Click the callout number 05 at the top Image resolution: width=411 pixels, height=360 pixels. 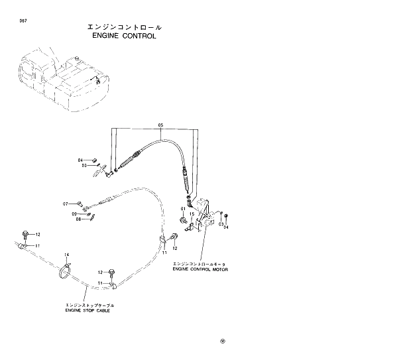(x=160, y=125)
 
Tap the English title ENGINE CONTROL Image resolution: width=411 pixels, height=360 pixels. (x=125, y=36)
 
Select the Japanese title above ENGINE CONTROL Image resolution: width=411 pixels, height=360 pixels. (x=125, y=27)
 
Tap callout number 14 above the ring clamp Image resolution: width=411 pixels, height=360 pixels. (x=66, y=255)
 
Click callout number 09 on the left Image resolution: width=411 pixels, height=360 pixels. (x=74, y=213)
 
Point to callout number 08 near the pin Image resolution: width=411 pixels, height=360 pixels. (x=78, y=219)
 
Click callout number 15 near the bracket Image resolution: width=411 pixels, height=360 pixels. (x=191, y=214)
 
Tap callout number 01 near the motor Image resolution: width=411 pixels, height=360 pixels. (x=182, y=210)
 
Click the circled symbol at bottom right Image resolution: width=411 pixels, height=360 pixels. (x=223, y=341)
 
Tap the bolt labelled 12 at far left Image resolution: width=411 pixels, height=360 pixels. (x=26, y=233)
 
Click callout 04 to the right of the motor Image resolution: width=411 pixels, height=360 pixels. (x=226, y=227)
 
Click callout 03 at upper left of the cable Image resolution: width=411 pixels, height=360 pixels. (x=85, y=166)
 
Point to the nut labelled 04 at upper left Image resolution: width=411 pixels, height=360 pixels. (x=93, y=160)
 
